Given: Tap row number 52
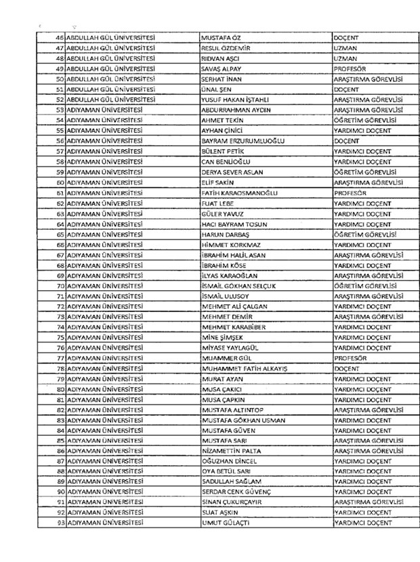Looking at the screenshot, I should coord(60,99).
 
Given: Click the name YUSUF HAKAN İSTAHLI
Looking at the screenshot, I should coord(236,99).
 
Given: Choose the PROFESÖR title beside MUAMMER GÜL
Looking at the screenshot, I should coord(350,357).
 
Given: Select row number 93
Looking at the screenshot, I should coord(60,523).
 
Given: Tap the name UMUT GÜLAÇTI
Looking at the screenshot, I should coord(227,523).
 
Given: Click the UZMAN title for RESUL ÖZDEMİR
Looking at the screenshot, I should coord(345,48).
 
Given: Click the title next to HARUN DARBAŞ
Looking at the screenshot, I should coord(364,234).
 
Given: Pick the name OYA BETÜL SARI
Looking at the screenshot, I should coord(226,471).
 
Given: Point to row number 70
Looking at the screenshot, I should coord(60,285).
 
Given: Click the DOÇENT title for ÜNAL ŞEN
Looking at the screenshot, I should coord(346,89).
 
